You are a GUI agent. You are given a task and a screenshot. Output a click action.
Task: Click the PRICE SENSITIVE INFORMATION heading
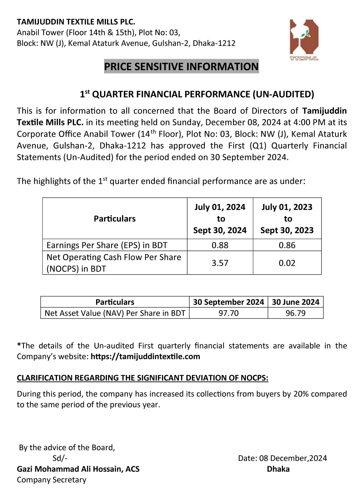(x=181, y=67)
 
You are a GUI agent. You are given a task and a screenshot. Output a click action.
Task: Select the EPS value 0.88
(x=220, y=245)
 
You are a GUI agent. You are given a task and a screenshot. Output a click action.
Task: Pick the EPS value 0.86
(x=287, y=245)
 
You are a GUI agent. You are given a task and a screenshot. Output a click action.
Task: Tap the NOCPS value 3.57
(x=220, y=263)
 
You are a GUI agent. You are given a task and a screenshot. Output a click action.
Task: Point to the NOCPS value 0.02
(x=287, y=263)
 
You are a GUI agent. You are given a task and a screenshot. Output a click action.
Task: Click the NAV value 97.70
(x=229, y=313)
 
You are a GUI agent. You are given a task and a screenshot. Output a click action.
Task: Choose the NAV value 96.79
(x=296, y=313)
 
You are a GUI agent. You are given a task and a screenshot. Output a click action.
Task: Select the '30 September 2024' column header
(x=229, y=302)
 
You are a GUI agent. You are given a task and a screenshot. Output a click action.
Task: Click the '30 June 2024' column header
(x=296, y=302)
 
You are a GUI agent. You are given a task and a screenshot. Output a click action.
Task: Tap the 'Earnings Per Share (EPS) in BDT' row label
(x=107, y=245)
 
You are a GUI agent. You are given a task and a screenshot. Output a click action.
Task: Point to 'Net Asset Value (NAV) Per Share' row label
(x=115, y=313)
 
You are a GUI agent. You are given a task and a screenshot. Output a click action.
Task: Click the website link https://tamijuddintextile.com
(x=145, y=357)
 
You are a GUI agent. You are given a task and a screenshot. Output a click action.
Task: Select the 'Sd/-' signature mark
(x=60, y=458)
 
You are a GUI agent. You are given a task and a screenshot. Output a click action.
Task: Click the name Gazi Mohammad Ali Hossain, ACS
(x=78, y=469)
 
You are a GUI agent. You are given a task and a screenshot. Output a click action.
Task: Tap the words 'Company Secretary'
(x=51, y=480)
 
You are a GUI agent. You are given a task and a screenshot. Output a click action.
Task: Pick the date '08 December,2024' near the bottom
(x=293, y=458)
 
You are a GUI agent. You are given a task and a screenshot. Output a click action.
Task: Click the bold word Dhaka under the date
(x=278, y=469)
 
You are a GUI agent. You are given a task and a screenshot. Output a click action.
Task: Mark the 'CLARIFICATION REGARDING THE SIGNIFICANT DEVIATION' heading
(x=143, y=378)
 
